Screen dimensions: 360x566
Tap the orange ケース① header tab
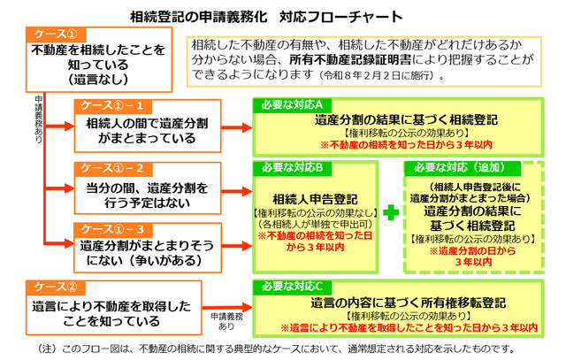pyautogui.click(x=54, y=34)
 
